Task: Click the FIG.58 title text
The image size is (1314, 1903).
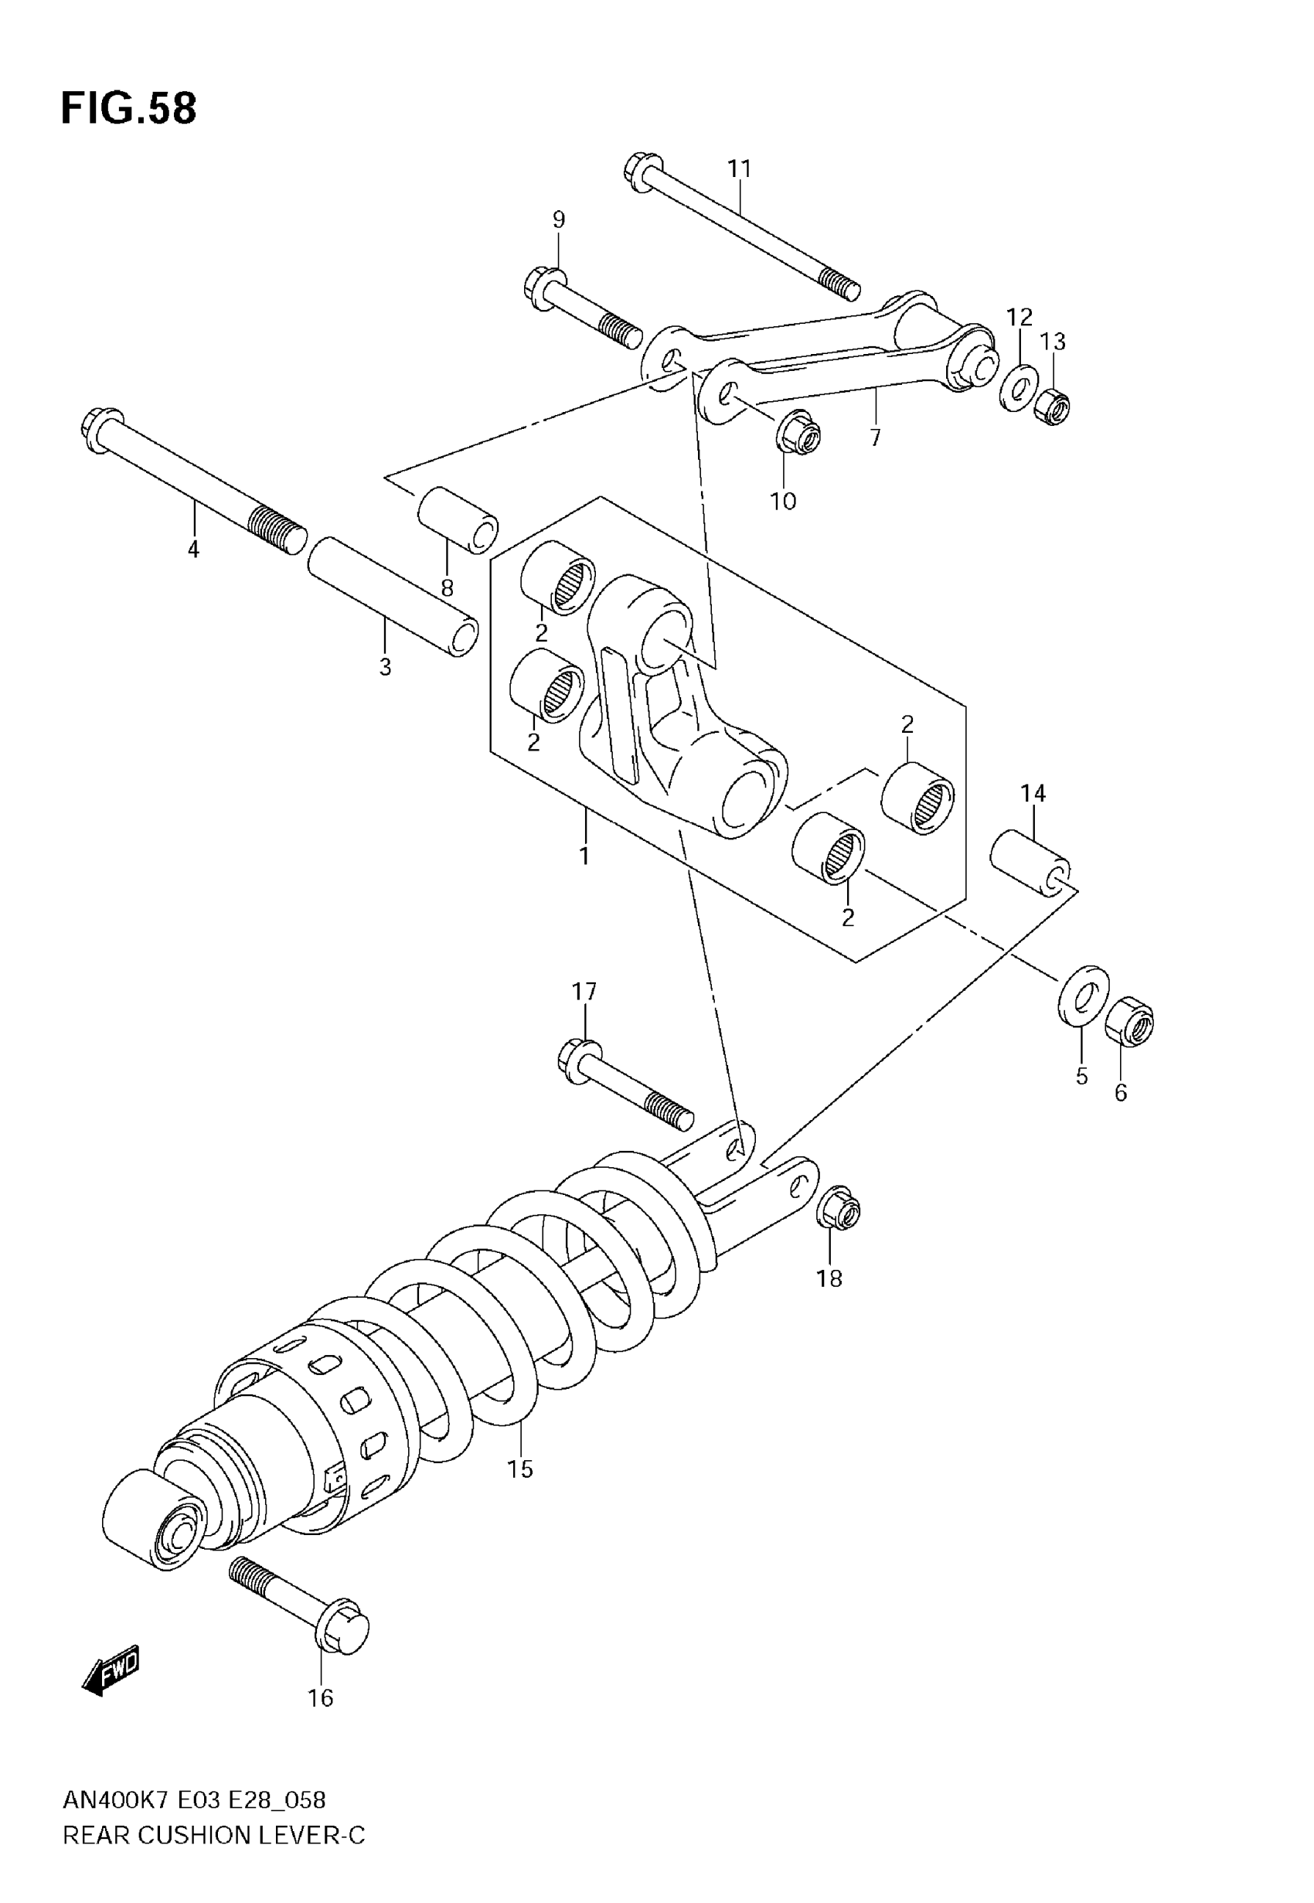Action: point(129,109)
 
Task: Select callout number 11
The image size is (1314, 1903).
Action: point(740,169)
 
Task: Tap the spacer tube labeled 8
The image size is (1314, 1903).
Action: point(458,520)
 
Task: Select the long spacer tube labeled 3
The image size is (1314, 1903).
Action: point(393,597)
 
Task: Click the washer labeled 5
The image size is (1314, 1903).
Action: point(1083,997)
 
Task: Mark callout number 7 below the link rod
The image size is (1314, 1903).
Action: point(875,437)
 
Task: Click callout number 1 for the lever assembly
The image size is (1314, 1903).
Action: point(584,856)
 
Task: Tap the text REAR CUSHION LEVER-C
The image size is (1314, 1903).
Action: point(214,1836)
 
